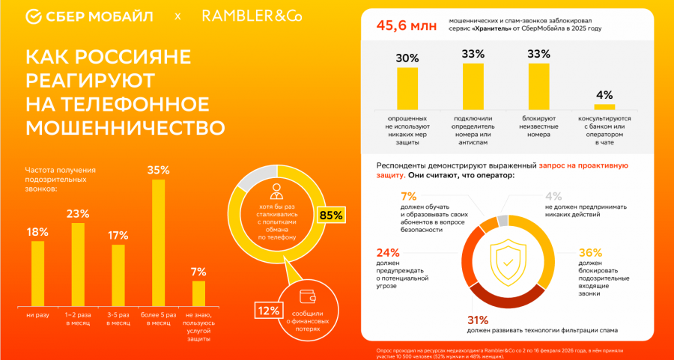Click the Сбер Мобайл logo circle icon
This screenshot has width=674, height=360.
34,16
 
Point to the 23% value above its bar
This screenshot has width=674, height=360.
77,213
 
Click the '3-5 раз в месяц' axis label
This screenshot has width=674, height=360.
118,319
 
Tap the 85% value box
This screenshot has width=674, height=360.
330,216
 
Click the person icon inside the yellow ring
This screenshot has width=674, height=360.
278,190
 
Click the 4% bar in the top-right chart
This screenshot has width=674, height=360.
604,106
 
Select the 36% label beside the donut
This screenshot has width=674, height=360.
590,252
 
